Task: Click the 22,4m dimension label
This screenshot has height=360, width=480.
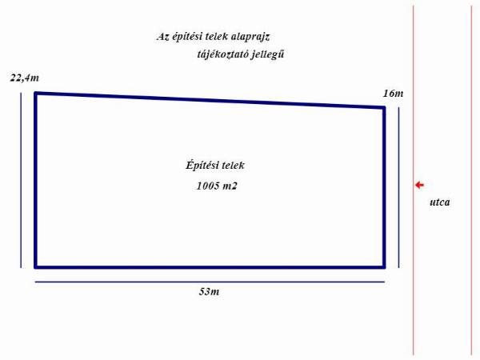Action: [25, 78]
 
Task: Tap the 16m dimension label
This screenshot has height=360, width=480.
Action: [393, 94]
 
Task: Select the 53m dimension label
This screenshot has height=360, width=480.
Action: [209, 291]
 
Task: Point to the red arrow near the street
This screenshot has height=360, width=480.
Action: [419, 185]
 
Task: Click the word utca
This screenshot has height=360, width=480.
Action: [440, 202]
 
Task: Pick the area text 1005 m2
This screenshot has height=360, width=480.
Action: [217, 186]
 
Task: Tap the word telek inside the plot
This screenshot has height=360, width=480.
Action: [234, 166]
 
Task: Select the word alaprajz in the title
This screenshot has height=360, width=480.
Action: [250, 37]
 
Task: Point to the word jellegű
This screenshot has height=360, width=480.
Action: [267, 54]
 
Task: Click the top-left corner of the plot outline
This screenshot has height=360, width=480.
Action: [35, 93]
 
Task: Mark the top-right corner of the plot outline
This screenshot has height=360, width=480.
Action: [384, 107]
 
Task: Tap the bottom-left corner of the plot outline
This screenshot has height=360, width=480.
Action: [35, 267]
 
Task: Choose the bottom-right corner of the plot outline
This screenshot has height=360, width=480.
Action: [384, 267]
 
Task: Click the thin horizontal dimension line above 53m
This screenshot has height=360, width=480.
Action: [210, 282]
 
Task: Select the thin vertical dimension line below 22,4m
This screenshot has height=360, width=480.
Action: [21, 180]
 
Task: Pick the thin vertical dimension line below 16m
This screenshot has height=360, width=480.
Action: [398, 187]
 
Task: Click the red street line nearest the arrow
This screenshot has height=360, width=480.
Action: [414, 181]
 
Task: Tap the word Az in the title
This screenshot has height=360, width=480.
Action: [162, 37]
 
